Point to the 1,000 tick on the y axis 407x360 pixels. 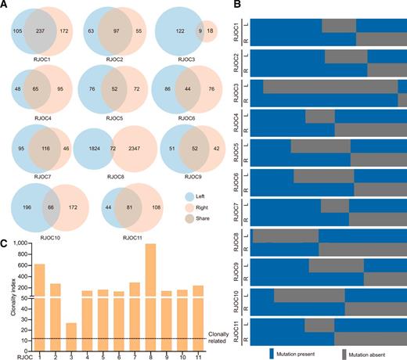pos(20,244)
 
